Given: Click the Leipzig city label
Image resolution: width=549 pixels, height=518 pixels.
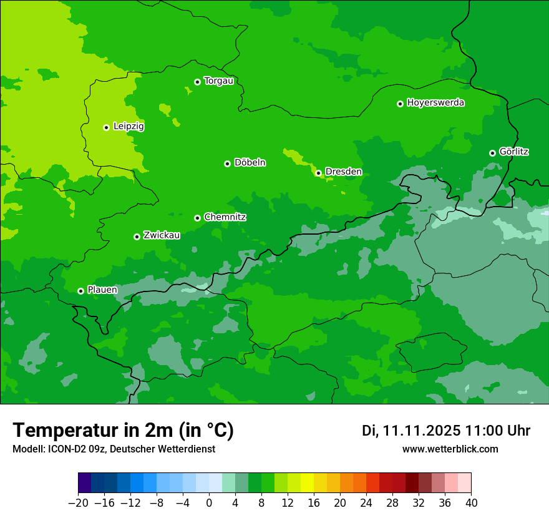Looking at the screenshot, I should (x=129, y=127).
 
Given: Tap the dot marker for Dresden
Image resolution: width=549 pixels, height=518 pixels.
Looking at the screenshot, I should (x=318, y=173).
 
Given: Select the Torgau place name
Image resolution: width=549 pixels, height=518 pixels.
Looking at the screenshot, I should (x=218, y=81).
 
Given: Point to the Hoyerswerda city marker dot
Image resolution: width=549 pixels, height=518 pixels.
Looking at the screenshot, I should (x=400, y=104).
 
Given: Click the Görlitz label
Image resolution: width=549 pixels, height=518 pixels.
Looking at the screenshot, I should (x=514, y=152).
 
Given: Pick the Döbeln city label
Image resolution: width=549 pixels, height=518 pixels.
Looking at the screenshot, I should (x=250, y=163).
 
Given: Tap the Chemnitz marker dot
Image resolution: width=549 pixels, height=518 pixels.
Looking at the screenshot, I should (x=197, y=218).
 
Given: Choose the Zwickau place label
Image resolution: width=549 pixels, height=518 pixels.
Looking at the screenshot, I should (x=162, y=235).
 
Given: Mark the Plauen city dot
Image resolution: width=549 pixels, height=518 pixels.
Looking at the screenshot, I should (x=80, y=291).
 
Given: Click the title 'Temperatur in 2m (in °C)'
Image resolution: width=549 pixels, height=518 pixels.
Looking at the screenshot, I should (x=123, y=430).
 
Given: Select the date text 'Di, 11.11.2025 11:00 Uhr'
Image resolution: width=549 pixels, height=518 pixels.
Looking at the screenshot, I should (x=446, y=431).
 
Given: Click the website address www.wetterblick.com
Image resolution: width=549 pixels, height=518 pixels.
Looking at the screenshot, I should (x=450, y=449).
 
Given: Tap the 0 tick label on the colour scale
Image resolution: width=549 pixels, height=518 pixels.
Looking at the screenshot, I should (x=209, y=503).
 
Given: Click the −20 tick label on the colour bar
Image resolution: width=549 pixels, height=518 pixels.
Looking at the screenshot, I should (x=78, y=503).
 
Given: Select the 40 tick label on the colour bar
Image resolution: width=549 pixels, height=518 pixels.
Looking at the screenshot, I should (x=471, y=503).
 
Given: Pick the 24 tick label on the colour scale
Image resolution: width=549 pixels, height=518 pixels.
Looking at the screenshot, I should (x=366, y=503).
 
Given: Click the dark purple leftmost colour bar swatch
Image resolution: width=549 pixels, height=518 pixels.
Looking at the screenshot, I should (x=85, y=483).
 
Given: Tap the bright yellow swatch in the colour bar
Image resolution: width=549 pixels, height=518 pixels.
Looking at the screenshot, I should (x=307, y=483).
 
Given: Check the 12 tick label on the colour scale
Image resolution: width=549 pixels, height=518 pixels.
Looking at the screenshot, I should (x=288, y=503).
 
